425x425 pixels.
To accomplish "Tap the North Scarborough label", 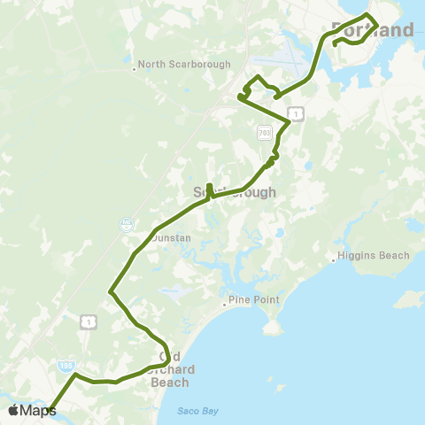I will [x=184, y=65].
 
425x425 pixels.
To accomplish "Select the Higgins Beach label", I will [x=374, y=256].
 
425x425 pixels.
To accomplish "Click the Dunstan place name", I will [x=147, y=238].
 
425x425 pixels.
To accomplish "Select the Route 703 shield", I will [x=265, y=132].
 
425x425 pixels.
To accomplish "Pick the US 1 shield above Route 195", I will [x=87, y=321].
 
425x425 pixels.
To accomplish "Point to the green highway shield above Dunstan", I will [x=127, y=224].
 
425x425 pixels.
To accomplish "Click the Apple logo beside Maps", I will [x=13, y=410].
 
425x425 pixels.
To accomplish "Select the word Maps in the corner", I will [x=38, y=410].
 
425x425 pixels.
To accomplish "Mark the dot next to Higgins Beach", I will [x=333, y=260].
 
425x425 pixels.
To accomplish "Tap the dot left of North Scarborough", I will [x=134, y=67].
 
